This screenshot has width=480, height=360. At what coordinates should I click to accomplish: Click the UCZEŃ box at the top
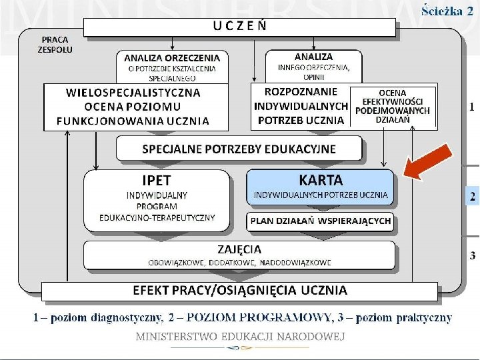click(x=240, y=27)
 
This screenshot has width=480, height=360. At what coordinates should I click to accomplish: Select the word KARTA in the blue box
click(x=321, y=180)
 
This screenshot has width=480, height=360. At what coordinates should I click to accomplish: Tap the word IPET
click(x=156, y=180)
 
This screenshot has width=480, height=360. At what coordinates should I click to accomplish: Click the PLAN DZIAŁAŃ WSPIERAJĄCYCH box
click(x=321, y=221)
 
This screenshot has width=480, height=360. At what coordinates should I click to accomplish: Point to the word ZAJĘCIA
click(x=239, y=249)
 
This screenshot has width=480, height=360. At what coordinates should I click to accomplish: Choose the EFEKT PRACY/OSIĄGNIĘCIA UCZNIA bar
click(x=240, y=290)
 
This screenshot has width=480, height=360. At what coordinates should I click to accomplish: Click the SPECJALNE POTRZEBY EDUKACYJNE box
click(x=239, y=148)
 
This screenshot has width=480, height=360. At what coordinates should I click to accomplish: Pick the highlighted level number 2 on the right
click(x=473, y=197)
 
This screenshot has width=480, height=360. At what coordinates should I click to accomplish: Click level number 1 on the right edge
click(x=473, y=107)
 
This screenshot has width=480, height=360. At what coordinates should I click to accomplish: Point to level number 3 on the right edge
click(x=473, y=255)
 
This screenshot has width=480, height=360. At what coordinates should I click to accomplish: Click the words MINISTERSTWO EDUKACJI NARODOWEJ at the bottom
click(x=240, y=336)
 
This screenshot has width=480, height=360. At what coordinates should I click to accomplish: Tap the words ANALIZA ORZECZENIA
click(x=172, y=57)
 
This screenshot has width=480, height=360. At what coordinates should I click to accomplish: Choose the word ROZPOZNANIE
click(x=301, y=91)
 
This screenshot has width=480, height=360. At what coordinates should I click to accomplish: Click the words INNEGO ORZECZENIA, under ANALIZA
click(x=313, y=67)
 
